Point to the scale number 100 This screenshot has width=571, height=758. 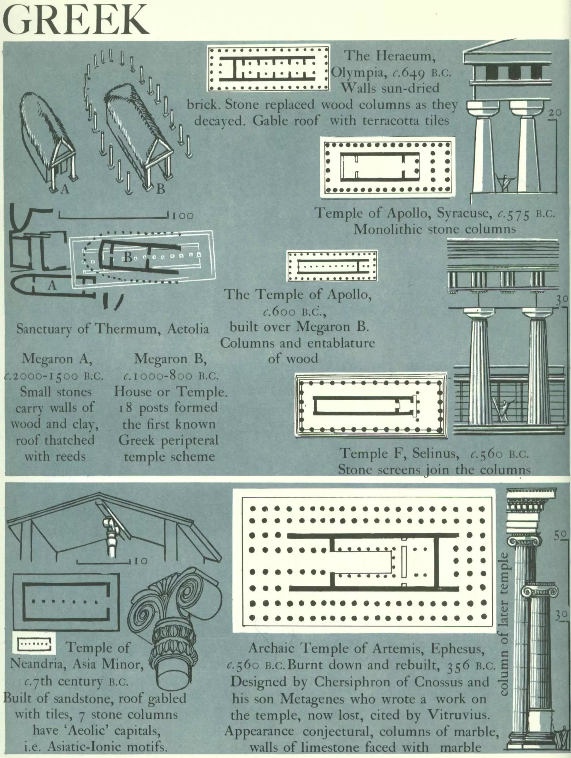point(183,216)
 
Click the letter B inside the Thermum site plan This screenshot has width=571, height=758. point(127,257)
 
